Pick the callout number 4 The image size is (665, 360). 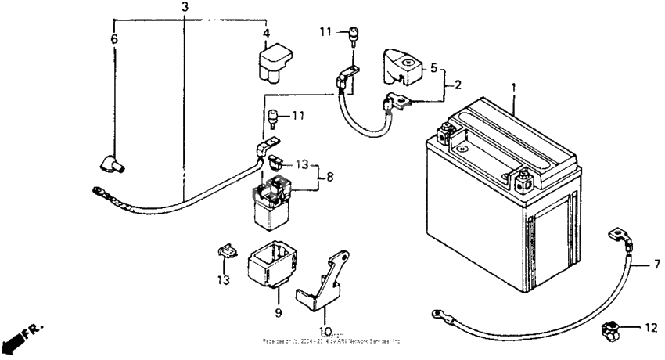tap(266, 34)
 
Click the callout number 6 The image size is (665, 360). tap(114, 38)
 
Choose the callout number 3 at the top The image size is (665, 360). tap(185, 8)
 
